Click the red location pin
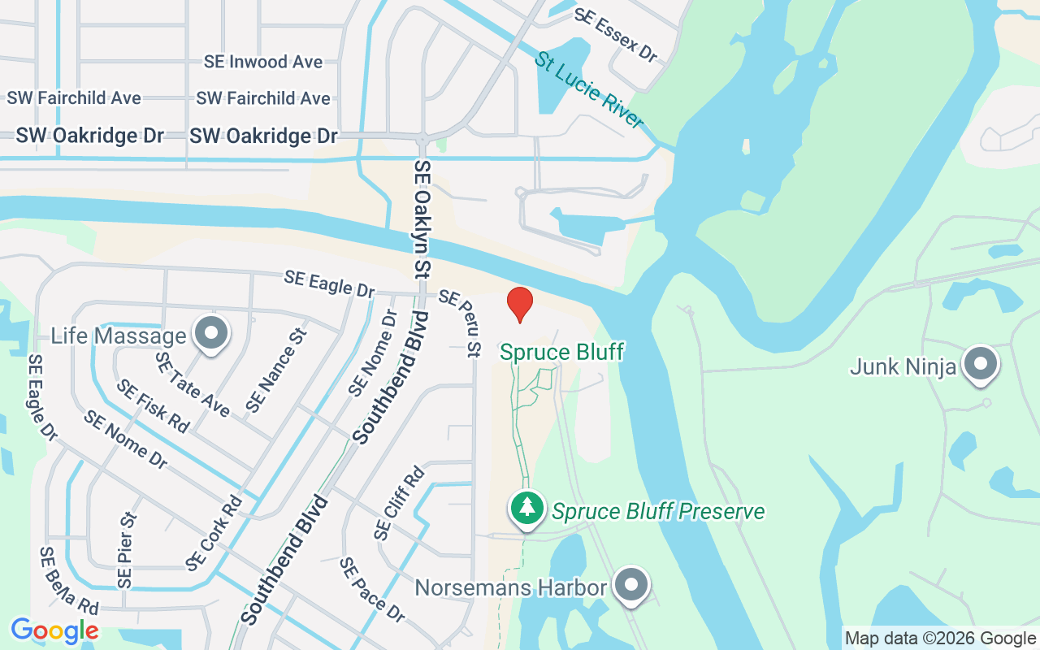520,304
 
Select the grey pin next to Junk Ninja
980,363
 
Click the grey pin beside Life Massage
213,333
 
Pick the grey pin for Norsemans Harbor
630,584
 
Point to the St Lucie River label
589,90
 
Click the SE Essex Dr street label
616,35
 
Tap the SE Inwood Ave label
263,62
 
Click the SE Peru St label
461,323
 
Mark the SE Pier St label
126,550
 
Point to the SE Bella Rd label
69,582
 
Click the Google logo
54,630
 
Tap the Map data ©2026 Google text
940,639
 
